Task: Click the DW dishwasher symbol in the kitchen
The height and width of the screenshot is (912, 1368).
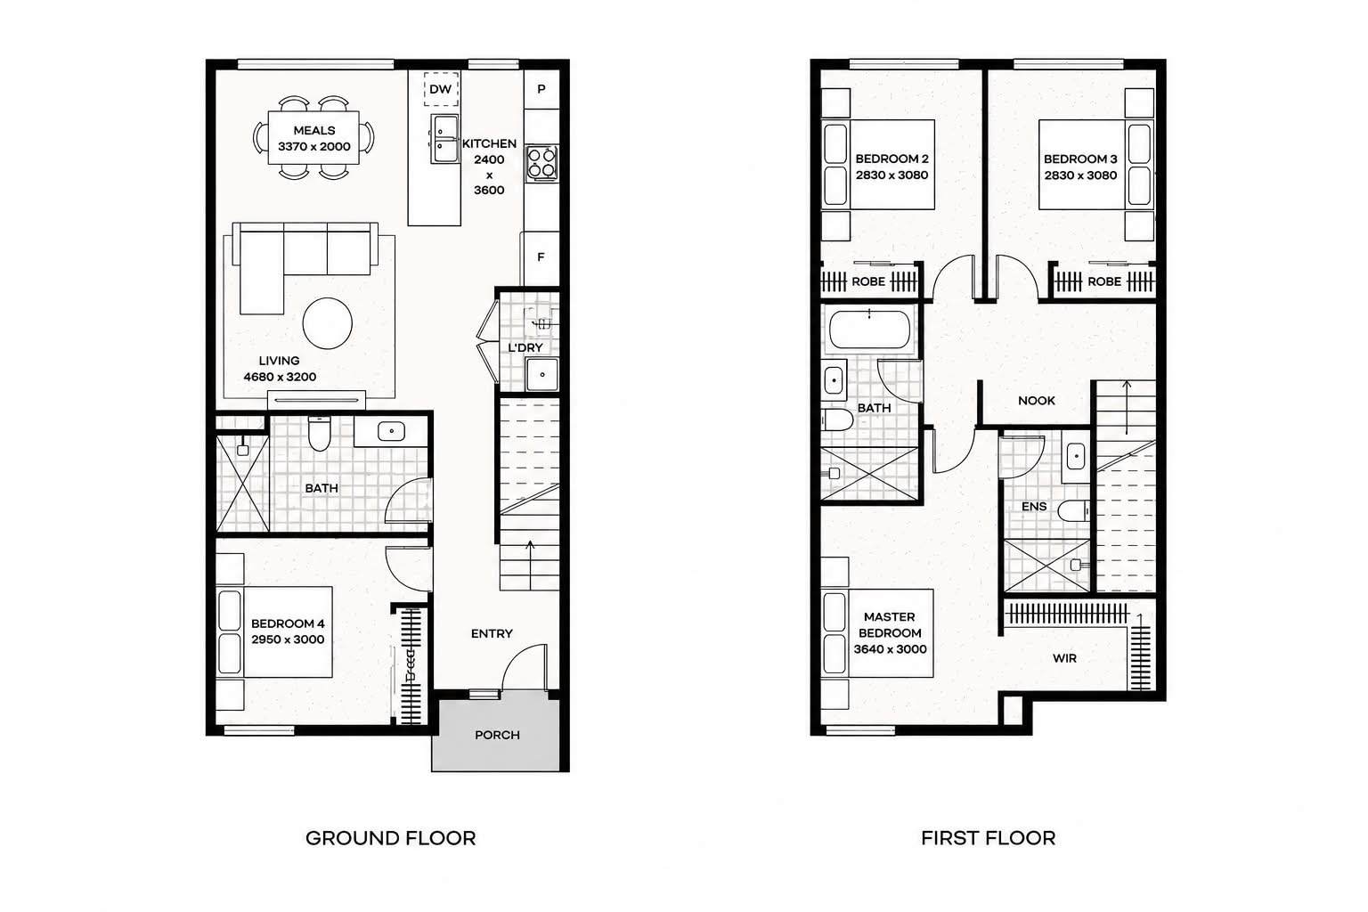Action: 441,89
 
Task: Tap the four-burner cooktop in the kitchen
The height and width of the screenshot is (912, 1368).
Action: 541,162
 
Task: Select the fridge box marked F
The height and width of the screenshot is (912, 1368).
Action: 540,257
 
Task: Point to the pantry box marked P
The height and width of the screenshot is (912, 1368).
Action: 541,89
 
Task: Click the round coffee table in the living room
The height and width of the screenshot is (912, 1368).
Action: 328,323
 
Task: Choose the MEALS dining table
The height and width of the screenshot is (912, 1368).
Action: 313,137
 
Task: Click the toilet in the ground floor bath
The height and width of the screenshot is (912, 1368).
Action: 319,433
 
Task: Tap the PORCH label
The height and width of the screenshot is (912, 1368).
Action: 497,735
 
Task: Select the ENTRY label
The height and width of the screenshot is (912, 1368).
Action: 492,633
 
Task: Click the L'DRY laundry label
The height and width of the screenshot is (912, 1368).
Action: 525,347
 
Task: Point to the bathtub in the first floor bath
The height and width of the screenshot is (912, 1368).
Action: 869,330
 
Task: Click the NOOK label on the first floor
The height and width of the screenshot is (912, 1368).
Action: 1037,401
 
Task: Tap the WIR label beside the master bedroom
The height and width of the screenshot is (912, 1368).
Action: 1064,658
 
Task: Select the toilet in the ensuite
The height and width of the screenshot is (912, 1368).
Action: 1073,511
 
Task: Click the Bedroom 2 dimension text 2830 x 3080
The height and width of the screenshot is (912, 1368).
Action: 892,175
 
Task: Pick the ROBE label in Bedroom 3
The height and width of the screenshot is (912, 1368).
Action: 1104,281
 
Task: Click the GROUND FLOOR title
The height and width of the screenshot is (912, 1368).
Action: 391,838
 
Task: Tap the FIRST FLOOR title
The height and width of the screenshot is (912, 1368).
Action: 988,838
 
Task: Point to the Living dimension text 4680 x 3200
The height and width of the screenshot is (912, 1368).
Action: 280,377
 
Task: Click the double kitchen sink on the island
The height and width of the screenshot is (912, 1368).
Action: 444,139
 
